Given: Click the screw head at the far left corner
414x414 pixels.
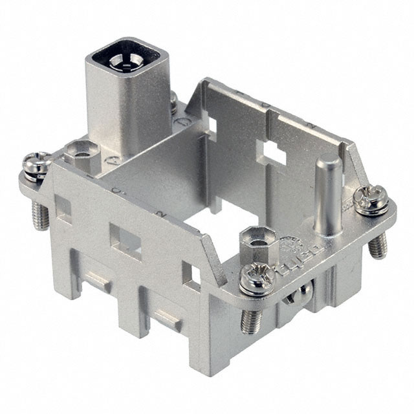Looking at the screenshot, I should coord(36,164).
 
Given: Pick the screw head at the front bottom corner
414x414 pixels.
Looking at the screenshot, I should coord(254,279).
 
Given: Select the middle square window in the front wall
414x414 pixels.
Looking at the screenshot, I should coord(125,240).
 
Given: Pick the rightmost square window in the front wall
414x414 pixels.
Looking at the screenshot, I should coord(191,274).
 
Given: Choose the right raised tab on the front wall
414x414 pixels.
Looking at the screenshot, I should coord(167,318).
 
